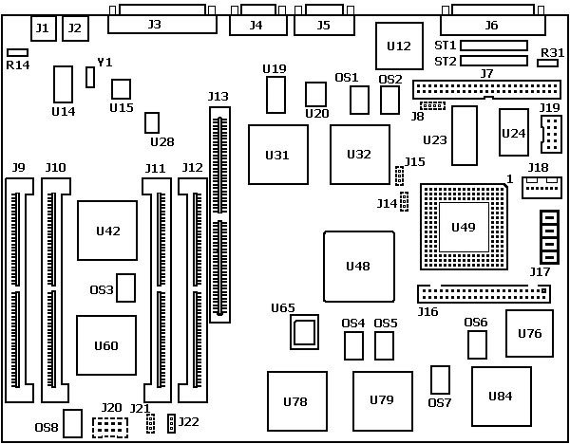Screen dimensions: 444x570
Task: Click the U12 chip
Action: [399, 46]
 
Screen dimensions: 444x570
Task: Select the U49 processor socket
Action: [463, 227]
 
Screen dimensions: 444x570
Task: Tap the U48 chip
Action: [358, 267]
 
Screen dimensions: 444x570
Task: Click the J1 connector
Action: [42, 28]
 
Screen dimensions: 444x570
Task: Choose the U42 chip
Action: [107, 230]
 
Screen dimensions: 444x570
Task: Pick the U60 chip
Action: [106, 345]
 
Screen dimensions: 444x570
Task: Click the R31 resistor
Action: [547, 63]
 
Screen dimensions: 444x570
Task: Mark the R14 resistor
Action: [17, 53]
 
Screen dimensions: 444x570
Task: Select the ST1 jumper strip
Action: [494, 45]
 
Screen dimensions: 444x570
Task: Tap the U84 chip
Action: [501, 396]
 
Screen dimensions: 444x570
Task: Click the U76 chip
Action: [529, 333]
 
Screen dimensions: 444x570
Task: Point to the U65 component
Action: [304, 332]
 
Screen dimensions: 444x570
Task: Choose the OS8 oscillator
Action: [73, 423]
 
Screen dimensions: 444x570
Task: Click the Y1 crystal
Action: [90, 77]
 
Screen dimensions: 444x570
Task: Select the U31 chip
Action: [277, 155]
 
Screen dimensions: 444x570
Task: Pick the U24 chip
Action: [513, 132]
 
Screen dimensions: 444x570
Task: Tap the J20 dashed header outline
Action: [110, 427]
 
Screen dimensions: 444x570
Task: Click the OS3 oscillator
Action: [125, 288]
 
